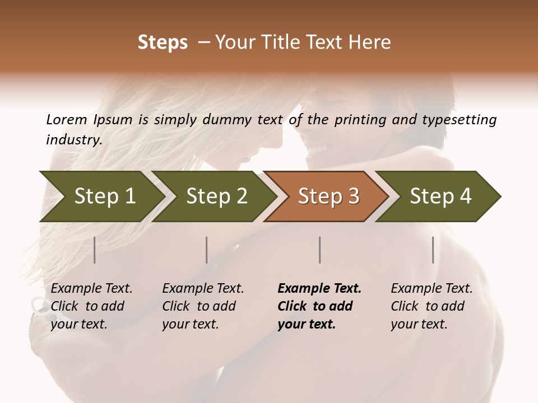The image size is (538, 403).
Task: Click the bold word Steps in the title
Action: pos(163,43)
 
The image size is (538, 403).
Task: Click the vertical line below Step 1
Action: pos(95,250)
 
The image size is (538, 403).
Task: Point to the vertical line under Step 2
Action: pos(207,250)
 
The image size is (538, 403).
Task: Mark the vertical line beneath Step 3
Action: pos(319,250)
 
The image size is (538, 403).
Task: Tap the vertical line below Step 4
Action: pos(433,250)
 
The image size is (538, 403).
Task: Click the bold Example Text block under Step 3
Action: pos(319,306)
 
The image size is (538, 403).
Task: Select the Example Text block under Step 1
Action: pos(91,306)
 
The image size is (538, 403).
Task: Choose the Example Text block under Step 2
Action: pos(203,306)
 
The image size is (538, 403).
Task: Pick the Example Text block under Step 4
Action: pos(432,306)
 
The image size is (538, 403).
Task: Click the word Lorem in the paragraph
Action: pos(67,119)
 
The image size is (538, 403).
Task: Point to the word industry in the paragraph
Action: pos(74,140)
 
